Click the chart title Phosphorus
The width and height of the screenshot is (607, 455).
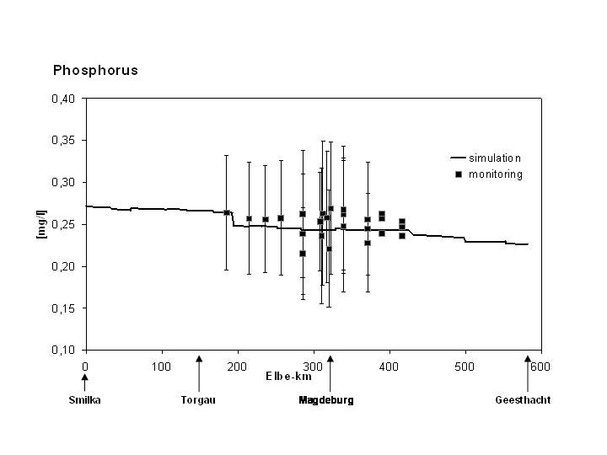point(95,71)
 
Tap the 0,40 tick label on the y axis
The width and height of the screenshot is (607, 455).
point(63,99)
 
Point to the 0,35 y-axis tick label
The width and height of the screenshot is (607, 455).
point(63,140)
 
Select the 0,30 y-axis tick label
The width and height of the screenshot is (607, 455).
point(63,182)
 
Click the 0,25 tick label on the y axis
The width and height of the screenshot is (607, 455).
point(63,224)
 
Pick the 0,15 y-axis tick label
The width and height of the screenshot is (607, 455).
point(63,308)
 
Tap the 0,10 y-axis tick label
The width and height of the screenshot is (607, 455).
point(63,350)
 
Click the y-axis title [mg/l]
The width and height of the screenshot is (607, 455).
point(40,224)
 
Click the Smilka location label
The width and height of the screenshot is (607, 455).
point(84,400)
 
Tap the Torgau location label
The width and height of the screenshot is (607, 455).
point(198,400)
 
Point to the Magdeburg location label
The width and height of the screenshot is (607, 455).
point(326,400)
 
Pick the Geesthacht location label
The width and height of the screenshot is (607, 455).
point(523,400)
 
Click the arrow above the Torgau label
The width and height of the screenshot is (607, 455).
point(199,372)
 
